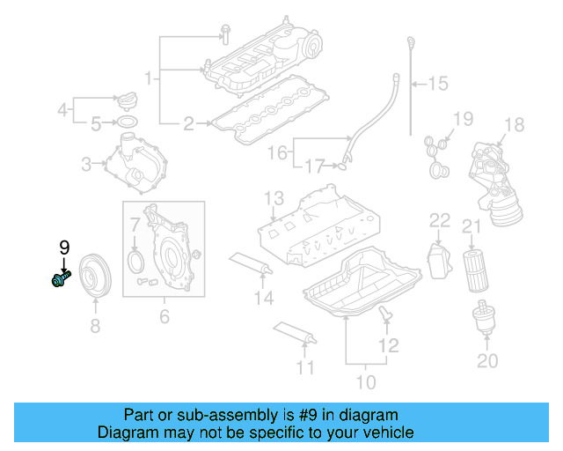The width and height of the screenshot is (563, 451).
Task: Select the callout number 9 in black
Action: (x=63, y=248)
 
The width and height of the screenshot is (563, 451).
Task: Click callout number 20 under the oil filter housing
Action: (x=486, y=360)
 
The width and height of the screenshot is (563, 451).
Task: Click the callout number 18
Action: (x=514, y=124)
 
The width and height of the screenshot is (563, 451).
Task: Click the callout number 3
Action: (x=86, y=163)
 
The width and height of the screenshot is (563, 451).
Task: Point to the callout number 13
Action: (x=274, y=197)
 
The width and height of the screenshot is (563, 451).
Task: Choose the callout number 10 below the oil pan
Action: (x=365, y=381)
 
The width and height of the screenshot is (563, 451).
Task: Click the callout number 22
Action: (x=439, y=220)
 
